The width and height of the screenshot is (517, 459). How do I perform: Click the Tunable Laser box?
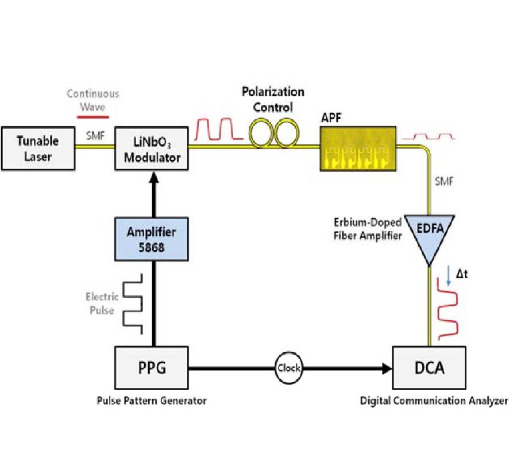[x=37, y=148]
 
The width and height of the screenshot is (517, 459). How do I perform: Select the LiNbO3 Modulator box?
[x=152, y=148]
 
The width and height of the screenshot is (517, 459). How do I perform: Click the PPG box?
[x=152, y=367]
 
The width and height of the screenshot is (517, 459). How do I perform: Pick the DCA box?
[x=429, y=367]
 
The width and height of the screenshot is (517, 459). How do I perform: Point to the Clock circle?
[x=288, y=368]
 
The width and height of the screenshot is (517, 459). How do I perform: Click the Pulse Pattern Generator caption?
[x=152, y=400]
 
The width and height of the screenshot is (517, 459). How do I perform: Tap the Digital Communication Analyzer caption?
[x=434, y=400]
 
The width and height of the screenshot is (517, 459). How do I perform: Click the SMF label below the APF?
[x=444, y=182]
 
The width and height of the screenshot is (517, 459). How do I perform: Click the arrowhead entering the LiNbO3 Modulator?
[x=152, y=177]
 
